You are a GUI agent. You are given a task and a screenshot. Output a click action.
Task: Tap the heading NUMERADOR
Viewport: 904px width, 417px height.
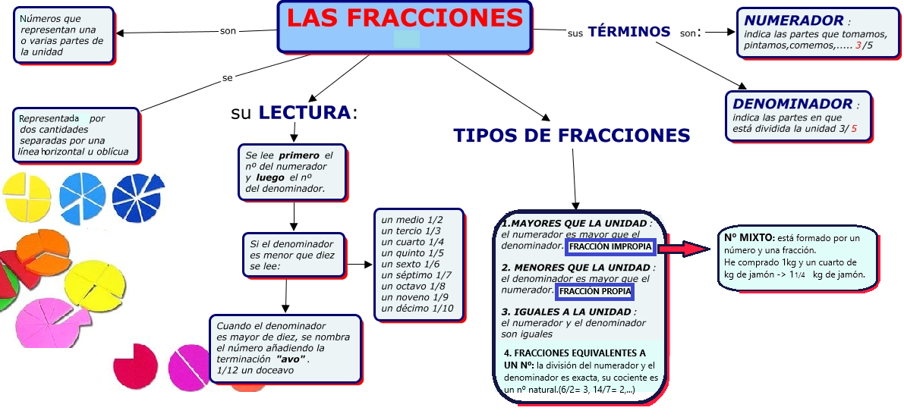pos(793,20)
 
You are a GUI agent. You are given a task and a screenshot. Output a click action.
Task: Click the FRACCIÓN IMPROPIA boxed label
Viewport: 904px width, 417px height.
pos(609,247)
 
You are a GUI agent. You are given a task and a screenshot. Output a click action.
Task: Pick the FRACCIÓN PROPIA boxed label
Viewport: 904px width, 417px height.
pos(594,291)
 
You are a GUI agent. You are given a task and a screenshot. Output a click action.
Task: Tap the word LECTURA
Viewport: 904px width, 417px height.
pos(305,113)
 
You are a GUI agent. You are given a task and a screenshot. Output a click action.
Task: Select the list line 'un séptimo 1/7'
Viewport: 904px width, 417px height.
pos(416,274)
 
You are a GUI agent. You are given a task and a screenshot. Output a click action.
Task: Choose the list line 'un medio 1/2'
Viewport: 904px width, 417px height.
pos(411,219)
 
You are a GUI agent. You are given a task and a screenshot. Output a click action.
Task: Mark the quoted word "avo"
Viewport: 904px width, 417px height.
pos(291,359)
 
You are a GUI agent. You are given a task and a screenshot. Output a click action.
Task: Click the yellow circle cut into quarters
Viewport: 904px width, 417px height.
pos(27,196)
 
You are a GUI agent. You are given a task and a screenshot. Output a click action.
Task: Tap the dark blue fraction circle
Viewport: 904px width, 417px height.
pos(137,198)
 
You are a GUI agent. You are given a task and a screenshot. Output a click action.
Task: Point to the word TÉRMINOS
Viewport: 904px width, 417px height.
pos(629,32)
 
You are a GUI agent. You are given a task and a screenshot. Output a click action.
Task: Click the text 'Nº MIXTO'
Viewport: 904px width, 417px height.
pos(748,237)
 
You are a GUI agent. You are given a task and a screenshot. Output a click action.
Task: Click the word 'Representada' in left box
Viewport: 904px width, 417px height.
pos(49,119)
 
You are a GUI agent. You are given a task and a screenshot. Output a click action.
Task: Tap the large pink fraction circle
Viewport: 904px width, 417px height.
pos(46,322)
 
